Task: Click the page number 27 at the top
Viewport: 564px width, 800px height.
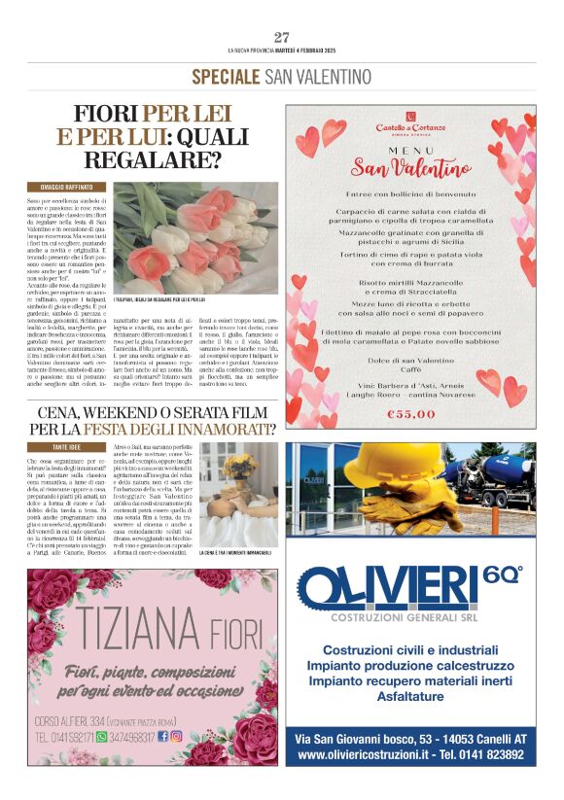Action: (281, 37)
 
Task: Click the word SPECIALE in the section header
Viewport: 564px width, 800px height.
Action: (226, 76)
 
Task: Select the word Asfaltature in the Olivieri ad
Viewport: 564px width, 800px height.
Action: (409, 697)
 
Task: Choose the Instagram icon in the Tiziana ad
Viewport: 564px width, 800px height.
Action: (176, 737)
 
